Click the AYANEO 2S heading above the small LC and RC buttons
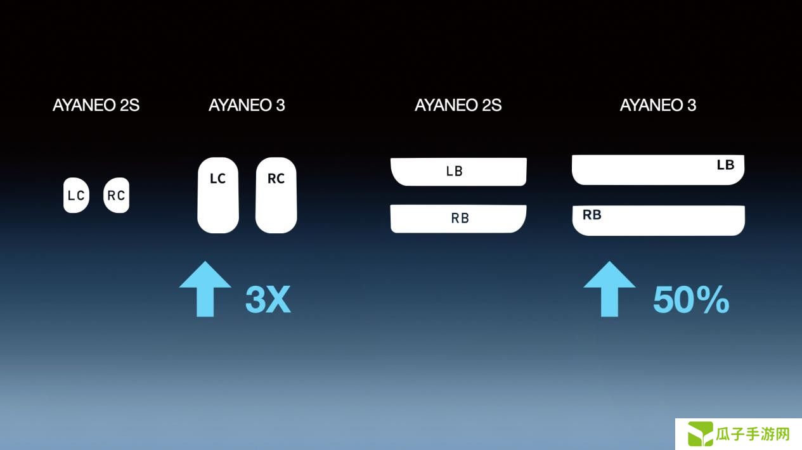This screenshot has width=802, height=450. point(96,105)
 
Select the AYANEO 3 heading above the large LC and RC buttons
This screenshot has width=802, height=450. point(247,105)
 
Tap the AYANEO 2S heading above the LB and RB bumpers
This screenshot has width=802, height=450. point(458,105)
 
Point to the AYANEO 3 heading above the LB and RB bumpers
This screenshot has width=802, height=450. point(658,105)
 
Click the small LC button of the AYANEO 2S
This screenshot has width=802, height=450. point(76,195)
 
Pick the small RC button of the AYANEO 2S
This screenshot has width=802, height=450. point(117,195)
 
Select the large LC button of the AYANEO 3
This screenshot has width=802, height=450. point(218,195)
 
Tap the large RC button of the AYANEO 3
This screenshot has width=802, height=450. point(276,195)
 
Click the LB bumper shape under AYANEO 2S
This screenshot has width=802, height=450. point(458,172)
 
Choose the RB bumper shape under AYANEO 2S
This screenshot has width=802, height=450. point(458,219)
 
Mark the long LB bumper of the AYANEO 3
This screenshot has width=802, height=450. point(658,170)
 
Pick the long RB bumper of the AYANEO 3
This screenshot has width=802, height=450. point(659,221)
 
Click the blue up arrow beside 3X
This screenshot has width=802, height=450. point(205,289)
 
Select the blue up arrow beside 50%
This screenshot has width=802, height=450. point(609,289)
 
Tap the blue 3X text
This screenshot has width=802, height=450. point(268,300)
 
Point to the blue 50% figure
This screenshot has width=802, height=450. point(691,300)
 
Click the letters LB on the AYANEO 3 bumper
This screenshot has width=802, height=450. point(726,165)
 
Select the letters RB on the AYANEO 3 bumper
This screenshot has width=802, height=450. point(592,215)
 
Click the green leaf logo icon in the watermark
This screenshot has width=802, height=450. point(701,434)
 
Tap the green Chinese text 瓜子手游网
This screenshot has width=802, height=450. point(753,434)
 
